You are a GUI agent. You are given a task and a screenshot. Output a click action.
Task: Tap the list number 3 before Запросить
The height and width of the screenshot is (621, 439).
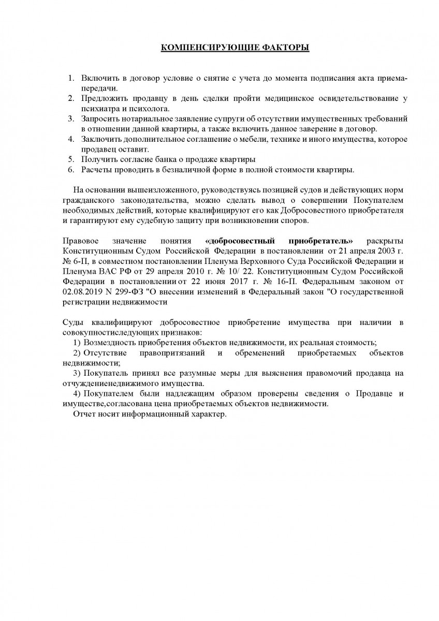(71, 119)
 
